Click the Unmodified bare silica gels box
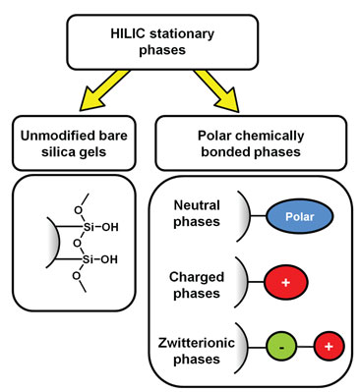pos(78,139)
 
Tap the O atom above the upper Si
pos(78,217)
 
